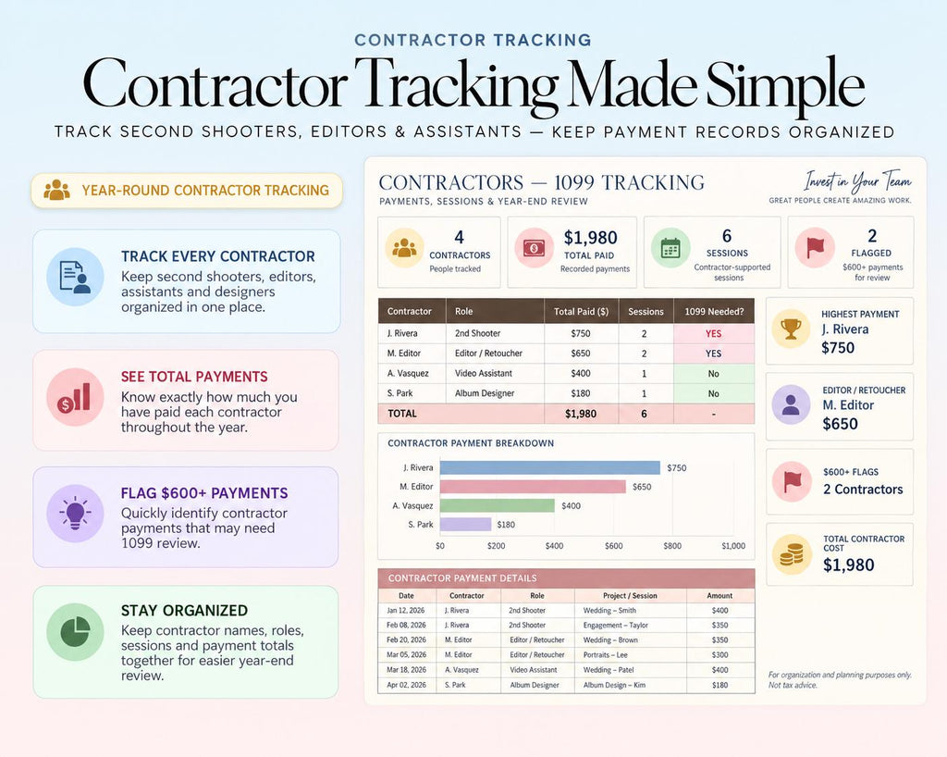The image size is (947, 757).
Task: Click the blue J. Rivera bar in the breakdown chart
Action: pos(549,467)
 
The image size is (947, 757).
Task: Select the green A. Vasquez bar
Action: pos(497,505)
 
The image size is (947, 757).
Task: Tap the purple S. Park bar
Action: pos(465,525)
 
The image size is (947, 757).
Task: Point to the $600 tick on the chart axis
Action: pos(614,546)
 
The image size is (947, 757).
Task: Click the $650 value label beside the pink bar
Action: pos(642,487)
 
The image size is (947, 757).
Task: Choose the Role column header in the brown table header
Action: pos(464,312)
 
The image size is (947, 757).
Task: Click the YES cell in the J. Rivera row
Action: pos(713,333)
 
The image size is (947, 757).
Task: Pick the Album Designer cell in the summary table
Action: pos(485,393)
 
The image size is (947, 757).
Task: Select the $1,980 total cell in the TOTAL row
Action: pos(581,414)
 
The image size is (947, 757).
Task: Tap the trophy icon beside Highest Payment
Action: pos(791,329)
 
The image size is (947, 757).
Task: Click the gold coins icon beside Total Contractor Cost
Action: pos(792,554)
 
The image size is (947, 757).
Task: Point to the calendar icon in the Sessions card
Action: pos(670,248)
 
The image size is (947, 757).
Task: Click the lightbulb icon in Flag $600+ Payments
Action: pos(75,514)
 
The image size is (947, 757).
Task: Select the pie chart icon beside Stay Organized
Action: pos(76,632)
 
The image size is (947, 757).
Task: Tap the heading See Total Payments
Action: pos(194,377)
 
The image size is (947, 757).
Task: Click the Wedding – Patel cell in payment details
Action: pos(609,670)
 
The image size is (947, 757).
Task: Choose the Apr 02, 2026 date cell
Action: pos(406,685)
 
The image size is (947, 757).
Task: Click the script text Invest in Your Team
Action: pos(857,181)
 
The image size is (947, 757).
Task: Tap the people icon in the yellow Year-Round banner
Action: pos(56,191)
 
